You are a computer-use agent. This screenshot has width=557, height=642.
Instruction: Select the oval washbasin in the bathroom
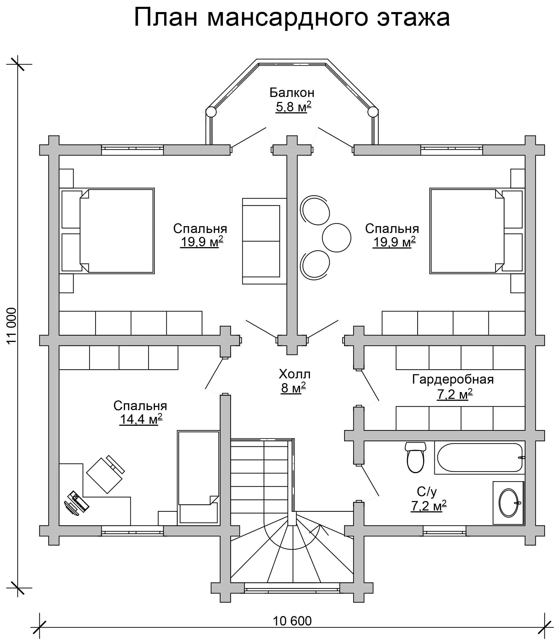tap(508, 503)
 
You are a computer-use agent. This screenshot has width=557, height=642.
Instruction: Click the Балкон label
tap(292, 93)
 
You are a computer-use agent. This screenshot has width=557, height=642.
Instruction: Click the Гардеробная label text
tap(453, 379)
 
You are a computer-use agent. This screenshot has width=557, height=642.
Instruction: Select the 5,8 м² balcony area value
tap(293, 107)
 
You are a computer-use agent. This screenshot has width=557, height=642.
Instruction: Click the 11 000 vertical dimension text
tap(12, 326)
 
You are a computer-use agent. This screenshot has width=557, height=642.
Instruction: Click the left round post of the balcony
tap(211, 112)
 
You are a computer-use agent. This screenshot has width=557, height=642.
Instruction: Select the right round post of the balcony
tap(373, 112)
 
